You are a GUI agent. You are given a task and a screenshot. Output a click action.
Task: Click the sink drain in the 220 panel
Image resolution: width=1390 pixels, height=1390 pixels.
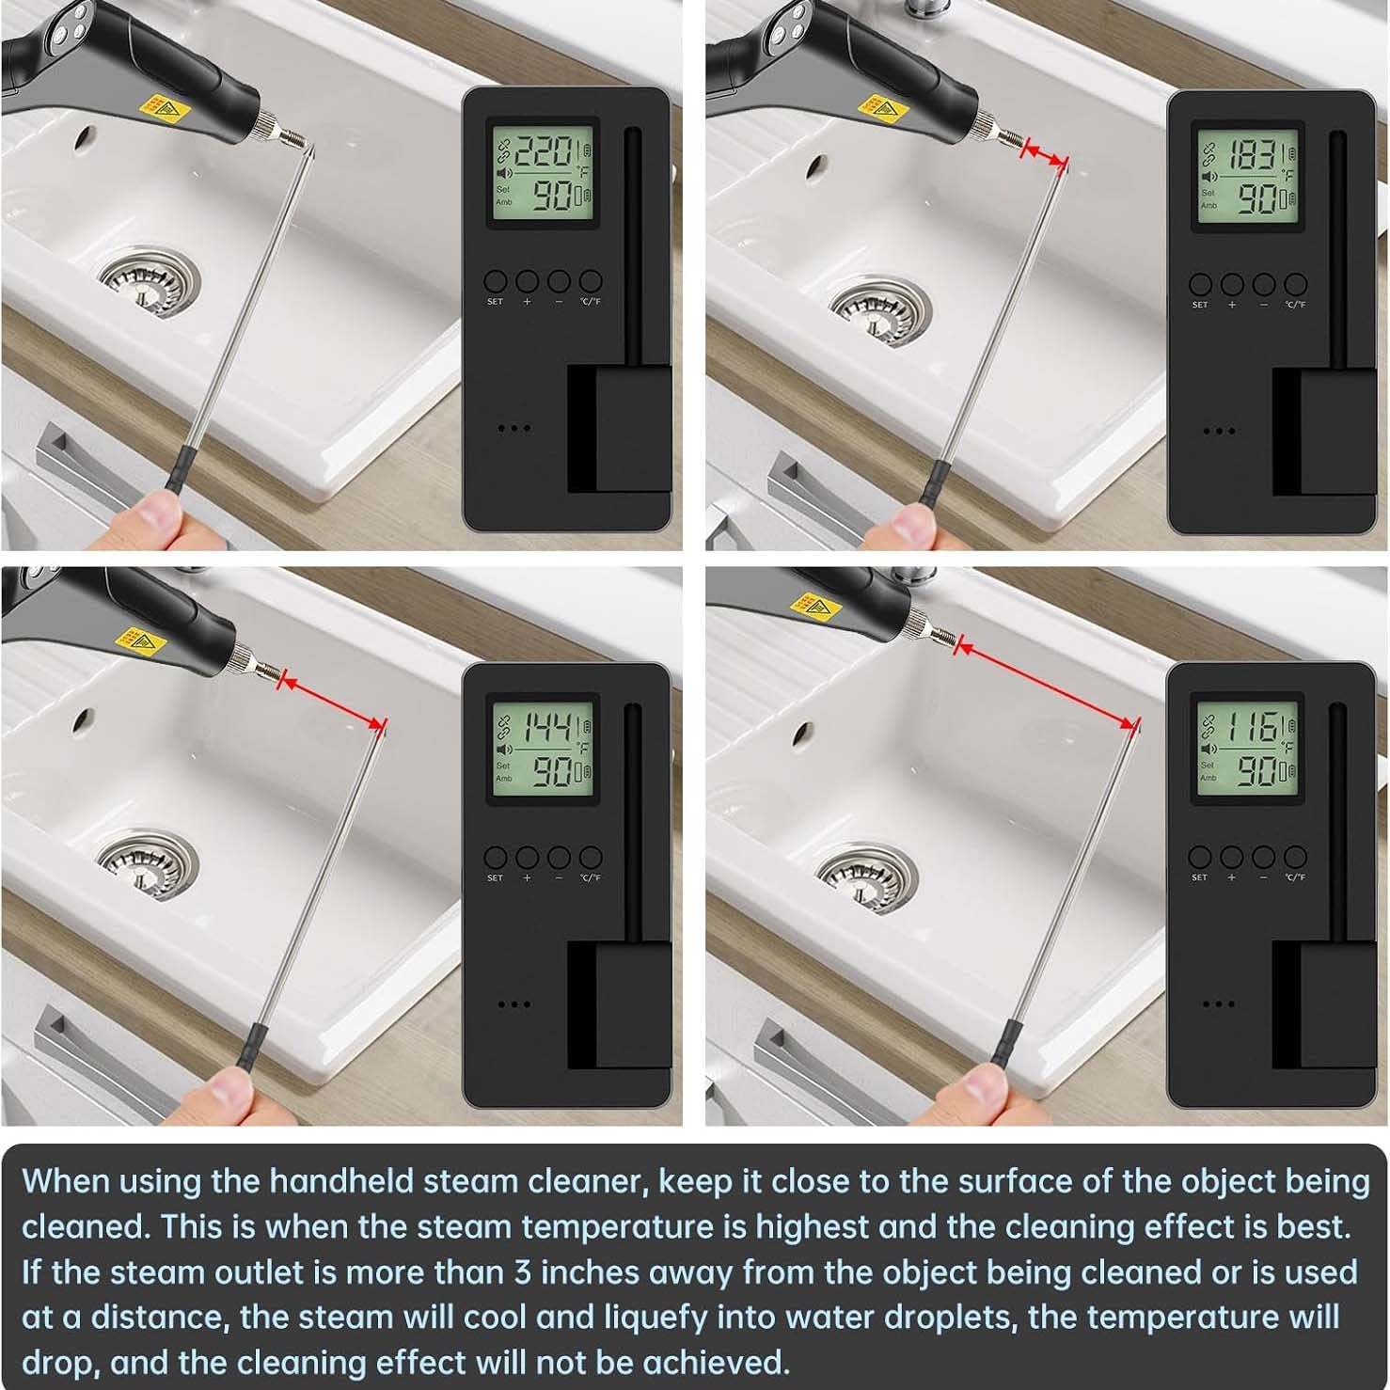[149, 279]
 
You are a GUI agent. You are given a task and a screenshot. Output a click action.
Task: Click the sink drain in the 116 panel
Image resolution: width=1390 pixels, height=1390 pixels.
[866, 871]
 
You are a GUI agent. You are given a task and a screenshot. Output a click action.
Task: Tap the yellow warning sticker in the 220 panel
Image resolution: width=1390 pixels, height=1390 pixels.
[163, 110]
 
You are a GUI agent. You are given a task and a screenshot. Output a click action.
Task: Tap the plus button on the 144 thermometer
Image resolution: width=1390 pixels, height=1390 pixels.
[527, 857]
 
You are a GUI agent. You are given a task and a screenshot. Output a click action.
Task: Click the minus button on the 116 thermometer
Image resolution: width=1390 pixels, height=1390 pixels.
[1263, 857]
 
